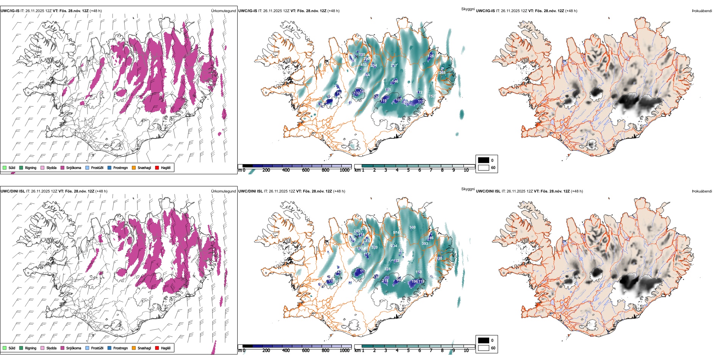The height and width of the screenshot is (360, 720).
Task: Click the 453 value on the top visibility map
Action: point(363,65)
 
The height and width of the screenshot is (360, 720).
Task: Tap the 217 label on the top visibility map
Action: point(394,66)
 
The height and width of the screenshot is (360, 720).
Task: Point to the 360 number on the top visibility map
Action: point(406,102)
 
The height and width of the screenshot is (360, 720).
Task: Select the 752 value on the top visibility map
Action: point(432,96)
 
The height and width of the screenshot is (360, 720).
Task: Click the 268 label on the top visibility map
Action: point(442,73)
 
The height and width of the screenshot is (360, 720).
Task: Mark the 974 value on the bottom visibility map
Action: point(396,233)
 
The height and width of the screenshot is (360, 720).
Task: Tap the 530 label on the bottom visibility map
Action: point(412,227)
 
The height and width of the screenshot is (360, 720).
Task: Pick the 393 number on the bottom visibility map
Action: point(425,244)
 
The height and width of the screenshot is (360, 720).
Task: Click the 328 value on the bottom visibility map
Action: point(387,269)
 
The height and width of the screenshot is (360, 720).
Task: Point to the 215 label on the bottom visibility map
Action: point(385,281)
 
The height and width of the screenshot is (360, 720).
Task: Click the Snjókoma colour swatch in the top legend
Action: point(63,167)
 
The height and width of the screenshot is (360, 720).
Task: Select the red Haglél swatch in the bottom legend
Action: point(157,348)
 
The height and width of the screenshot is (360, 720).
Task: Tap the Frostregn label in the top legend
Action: point(121,167)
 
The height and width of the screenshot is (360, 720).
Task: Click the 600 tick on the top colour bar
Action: point(305,170)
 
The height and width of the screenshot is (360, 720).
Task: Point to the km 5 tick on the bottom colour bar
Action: point(408,351)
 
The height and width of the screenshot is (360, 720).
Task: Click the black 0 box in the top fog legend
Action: point(484,160)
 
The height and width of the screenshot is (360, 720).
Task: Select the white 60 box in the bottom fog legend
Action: point(484,348)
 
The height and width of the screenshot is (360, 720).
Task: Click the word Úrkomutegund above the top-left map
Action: point(223,11)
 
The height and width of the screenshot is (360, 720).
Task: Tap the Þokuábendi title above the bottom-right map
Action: point(702,191)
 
